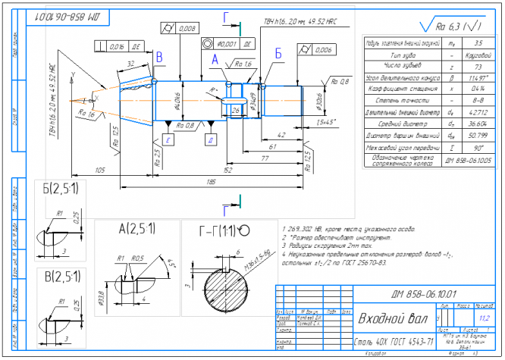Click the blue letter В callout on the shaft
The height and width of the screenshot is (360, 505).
tap(158, 57)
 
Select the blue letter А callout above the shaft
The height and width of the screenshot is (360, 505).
tap(215, 58)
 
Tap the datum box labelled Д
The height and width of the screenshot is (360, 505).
tap(210, 141)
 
